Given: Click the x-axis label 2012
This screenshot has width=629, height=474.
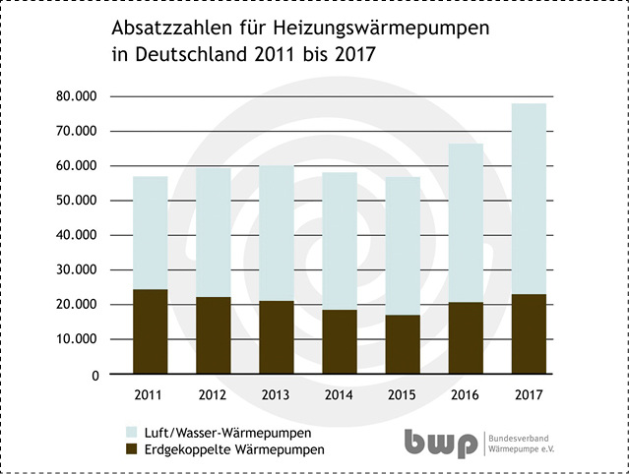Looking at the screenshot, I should [x=213, y=395].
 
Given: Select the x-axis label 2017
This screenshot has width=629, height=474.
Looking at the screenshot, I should [x=528, y=395].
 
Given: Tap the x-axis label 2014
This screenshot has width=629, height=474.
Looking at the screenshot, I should [x=339, y=395].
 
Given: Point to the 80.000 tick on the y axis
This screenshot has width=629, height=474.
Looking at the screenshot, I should [x=78, y=96].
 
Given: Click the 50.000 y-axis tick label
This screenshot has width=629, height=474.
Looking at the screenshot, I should [x=78, y=201].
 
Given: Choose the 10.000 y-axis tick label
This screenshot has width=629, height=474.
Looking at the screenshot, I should [x=78, y=339].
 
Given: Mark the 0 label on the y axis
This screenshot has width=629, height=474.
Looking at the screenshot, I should [x=94, y=375].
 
